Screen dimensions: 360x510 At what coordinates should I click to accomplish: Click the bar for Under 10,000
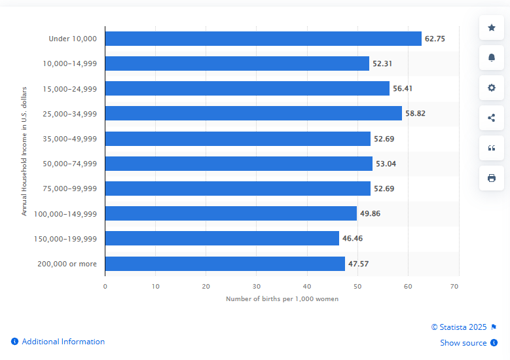click(x=263, y=39)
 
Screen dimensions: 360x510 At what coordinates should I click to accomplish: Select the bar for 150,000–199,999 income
click(x=222, y=238)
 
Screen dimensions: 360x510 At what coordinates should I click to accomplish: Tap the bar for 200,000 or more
click(x=225, y=263)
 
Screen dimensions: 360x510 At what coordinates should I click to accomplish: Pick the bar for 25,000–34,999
click(x=253, y=113)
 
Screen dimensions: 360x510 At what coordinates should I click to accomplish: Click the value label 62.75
click(x=435, y=39)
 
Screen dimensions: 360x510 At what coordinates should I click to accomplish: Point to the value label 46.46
click(x=352, y=238)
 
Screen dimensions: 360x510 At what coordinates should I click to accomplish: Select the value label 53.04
click(x=386, y=164)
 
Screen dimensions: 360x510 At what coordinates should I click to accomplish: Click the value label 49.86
click(x=370, y=213)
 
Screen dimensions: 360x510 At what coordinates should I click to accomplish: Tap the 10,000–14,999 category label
click(x=69, y=63)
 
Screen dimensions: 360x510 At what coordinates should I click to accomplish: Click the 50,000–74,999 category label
click(x=69, y=164)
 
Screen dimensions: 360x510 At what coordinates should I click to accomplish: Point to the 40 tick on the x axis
click(x=306, y=286)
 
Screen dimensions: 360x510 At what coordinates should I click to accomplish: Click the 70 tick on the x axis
click(x=455, y=286)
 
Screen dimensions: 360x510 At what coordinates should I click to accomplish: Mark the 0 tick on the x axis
click(x=105, y=286)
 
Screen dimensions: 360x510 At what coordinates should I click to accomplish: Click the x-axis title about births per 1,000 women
click(x=282, y=299)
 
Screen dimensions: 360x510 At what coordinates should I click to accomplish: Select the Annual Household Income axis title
click(x=24, y=151)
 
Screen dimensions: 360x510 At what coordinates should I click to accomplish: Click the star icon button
click(x=492, y=27)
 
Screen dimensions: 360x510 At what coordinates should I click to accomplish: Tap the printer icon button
click(x=492, y=178)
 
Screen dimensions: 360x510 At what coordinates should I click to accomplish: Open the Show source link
click(x=464, y=343)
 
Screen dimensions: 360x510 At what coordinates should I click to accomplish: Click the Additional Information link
click(x=63, y=342)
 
